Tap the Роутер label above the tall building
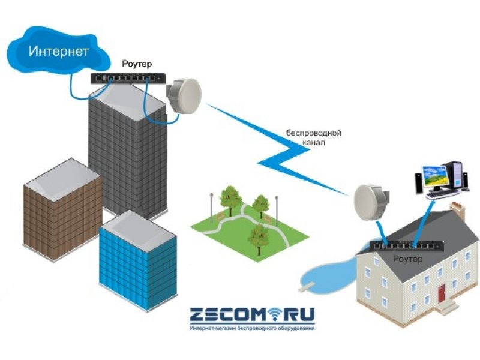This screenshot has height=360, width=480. (x=137, y=64)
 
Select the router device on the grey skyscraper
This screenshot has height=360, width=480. (x=127, y=78)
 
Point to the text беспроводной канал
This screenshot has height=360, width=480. (x=313, y=139)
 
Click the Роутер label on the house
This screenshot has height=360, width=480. (x=407, y=259)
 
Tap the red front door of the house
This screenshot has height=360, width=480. (x=443, y=294)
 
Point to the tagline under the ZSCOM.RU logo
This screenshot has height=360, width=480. (x=252, y=329)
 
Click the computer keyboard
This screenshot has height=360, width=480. (x=442, y=194)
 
